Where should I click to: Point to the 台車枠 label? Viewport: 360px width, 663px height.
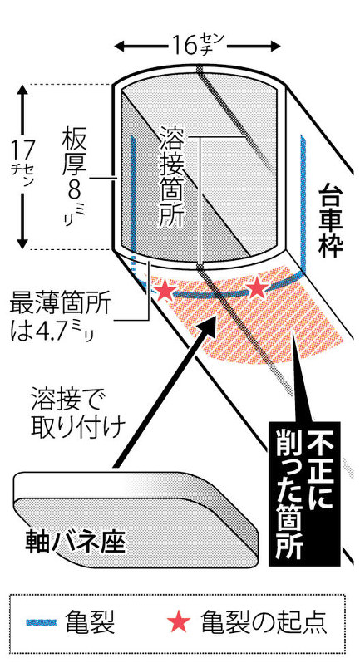pos(330,219)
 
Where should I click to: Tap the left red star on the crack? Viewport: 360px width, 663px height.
pos(165,291)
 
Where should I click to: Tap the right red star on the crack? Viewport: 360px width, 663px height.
pos(257,289)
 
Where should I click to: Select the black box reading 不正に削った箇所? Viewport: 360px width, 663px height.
pos(304,494)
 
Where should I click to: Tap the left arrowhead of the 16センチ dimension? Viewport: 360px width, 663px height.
pos(121,45)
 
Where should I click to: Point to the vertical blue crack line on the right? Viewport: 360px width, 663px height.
pos(303,204)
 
